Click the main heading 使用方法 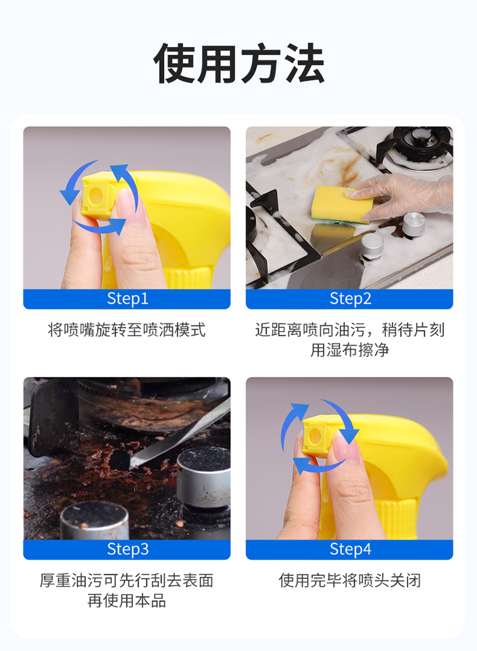tap(238, 64)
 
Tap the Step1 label tap(127, 299)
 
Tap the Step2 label tap(350, 299)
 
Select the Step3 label tap(127, 549)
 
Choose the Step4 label tap(350, 549)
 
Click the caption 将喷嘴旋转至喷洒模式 tap(127, 330)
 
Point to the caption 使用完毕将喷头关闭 tap(350, 580)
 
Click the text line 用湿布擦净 tap(350, 350)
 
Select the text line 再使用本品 tap(127, 601)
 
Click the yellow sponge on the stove tap(342, 203)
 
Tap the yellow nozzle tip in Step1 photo tap(95, 196)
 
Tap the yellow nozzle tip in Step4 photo tap(316, 436)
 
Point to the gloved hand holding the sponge tap(407, 194)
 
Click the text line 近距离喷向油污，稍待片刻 tap(350, 330)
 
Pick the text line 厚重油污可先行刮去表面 tap(127, 580)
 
